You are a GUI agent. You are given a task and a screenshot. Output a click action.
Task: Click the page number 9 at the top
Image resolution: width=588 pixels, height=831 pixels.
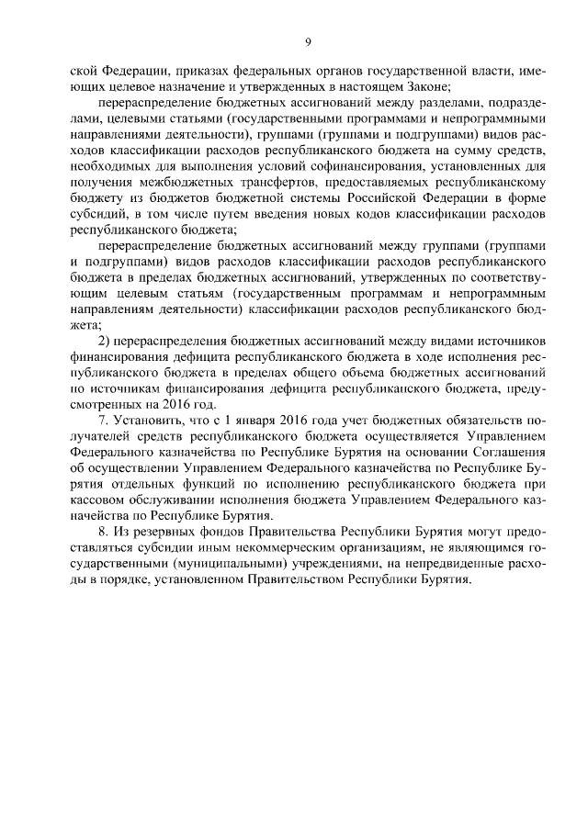(x=308, y=41)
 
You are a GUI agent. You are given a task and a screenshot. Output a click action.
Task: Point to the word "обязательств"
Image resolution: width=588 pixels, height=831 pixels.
(x=465, y=421)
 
